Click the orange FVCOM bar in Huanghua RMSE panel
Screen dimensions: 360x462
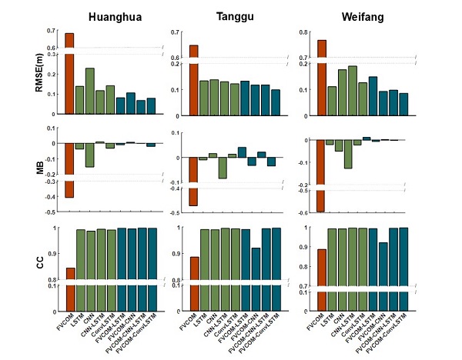click(x=69, y=73)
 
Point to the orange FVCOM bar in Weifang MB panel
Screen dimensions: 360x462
click(x=322, y=175)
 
